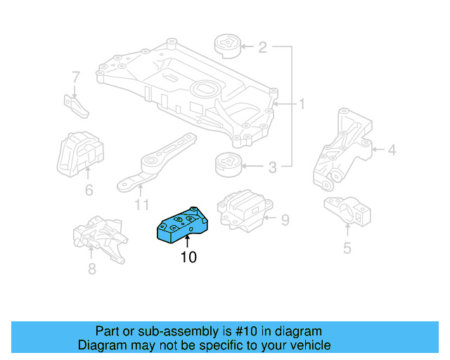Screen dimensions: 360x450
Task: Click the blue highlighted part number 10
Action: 181,224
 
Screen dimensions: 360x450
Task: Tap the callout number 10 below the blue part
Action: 188,257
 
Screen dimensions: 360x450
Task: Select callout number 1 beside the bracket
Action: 302,105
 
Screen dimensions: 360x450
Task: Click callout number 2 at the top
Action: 262,48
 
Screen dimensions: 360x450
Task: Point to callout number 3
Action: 271,167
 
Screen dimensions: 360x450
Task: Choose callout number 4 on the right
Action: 392,149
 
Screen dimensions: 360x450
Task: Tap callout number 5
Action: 347,247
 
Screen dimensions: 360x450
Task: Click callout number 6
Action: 89,190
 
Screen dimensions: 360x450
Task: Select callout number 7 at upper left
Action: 76,76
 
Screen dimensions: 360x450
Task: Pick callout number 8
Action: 91,269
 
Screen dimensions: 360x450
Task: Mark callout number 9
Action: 285,221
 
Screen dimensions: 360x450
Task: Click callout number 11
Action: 141,205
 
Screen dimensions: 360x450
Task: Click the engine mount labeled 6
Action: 79,150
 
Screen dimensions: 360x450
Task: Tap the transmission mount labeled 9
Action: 241,209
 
